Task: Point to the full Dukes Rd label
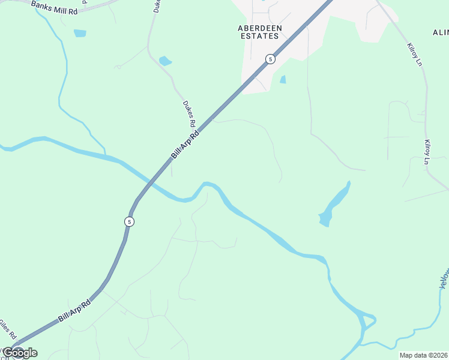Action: pyautogui.click(x=190, y=113)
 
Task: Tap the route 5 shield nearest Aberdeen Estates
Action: pyautogui.click(x=271, y=59)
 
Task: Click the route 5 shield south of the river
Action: pyautogui.click(x=129, y=221)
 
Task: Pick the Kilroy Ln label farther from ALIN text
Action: pyautogui.click(x=427, y=152)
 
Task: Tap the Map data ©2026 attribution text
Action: pyautogui.click(x=423, y=355)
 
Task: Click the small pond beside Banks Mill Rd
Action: pyautogui.click(x=80, y=33)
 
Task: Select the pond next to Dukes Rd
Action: pyautogui.click(x=165, y=61)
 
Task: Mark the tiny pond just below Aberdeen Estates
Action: pyautogui.click(x=283, y=79)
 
